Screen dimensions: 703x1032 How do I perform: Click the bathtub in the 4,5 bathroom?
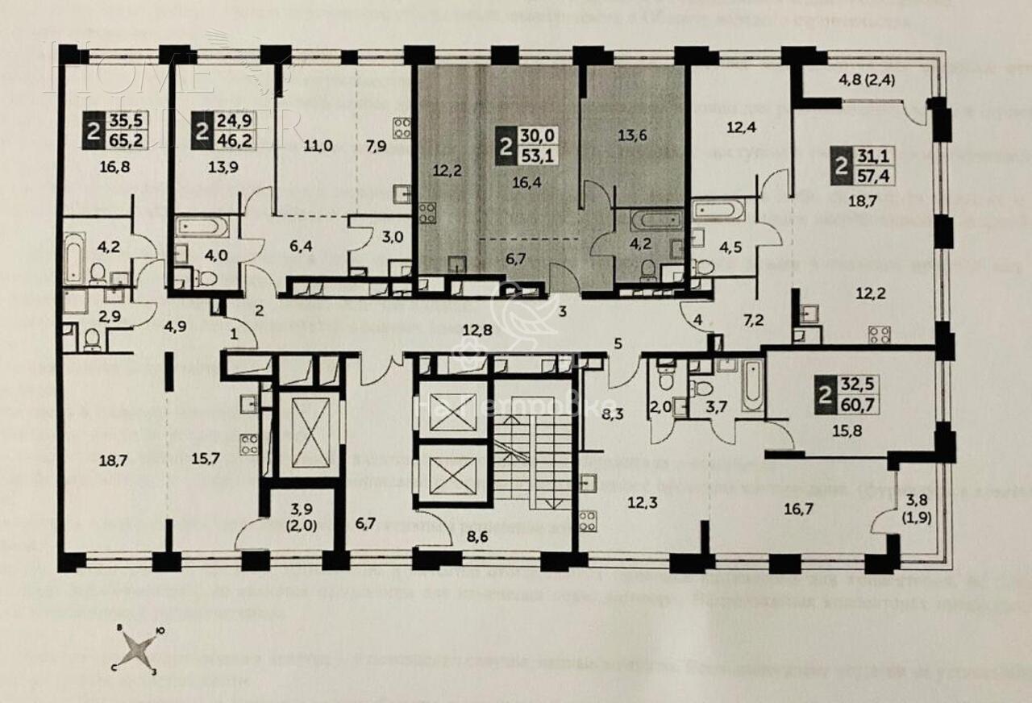pos(718,210)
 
